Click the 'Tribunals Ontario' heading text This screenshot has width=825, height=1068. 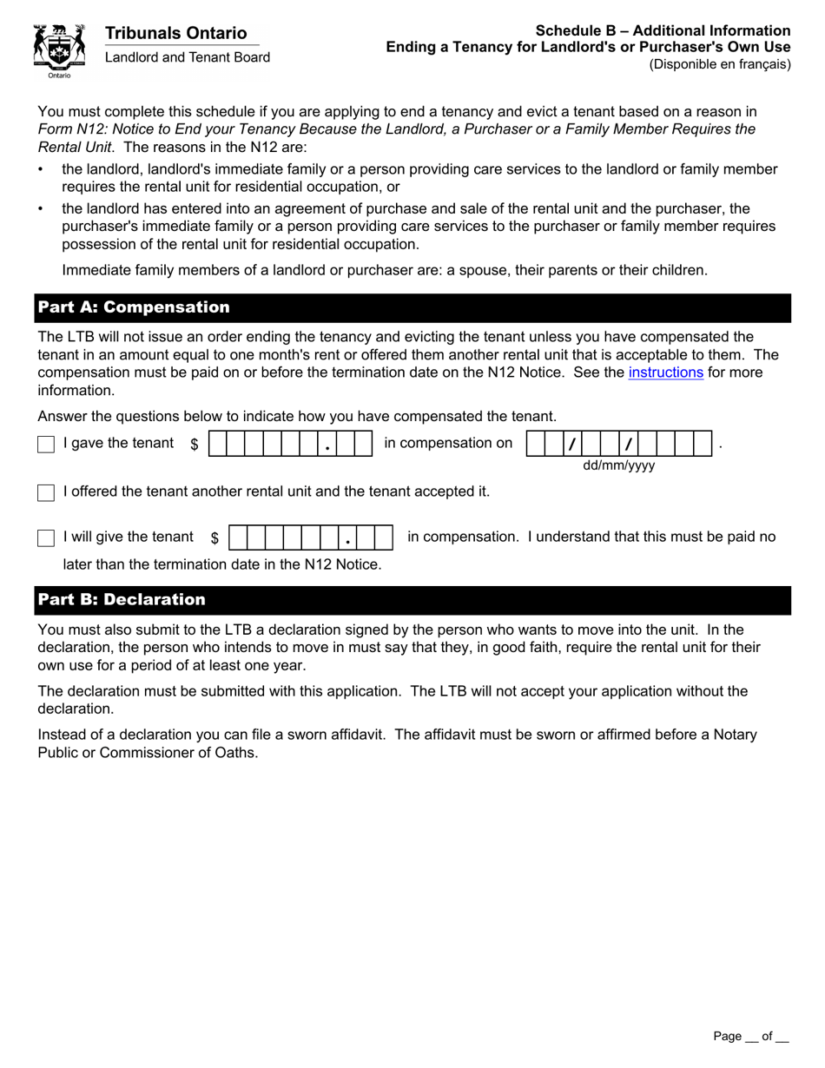[175, 33]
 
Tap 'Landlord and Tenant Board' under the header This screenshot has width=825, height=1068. [187, 57]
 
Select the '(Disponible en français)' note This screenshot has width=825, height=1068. [720, 63]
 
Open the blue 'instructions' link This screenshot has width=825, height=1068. [665, 372]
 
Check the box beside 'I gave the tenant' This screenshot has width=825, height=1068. [46, 444]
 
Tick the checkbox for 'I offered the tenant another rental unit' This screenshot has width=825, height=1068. [46, 492]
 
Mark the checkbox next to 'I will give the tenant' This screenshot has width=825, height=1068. [46, 538]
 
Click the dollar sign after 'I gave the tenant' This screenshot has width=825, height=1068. [195, 444]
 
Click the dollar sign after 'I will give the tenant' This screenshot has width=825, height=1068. [214, 538]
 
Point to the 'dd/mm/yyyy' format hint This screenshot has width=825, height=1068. [618, 466]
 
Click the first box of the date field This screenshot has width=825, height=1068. [536, 444]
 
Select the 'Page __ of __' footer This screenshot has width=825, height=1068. [750, 1036]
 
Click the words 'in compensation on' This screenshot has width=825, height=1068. [448, 443]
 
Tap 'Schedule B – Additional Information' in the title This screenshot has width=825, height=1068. [663, 30]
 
